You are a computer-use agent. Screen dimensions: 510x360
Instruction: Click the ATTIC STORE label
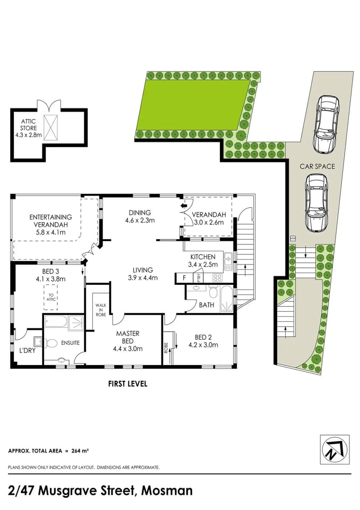point(29,128)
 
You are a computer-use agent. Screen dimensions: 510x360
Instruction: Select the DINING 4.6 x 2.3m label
point(139,216)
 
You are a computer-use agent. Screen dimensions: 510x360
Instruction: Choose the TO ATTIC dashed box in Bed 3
point(52,297)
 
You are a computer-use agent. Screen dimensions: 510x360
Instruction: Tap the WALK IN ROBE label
point(101,310)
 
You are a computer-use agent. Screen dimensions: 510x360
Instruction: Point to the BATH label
point(206,305)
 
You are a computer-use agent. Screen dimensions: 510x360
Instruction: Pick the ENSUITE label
point(70,343)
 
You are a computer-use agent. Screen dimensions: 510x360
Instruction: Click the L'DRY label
point(27,351)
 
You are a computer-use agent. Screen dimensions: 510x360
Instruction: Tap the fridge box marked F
point(184,277)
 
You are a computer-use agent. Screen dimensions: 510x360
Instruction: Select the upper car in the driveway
point(325,123)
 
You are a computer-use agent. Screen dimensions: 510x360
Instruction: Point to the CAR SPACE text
point(318,166)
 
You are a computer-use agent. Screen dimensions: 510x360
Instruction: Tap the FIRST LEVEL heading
point(127,384)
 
